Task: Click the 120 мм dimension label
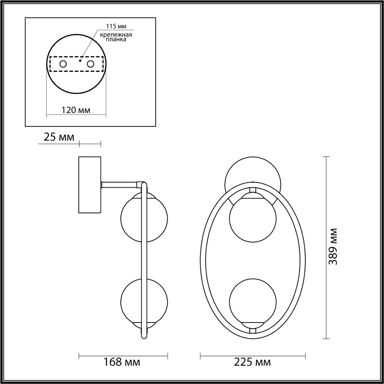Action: coord(76,110)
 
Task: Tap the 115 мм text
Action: coord(114,26)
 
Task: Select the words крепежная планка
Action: coord(116,37)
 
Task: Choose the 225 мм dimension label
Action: coord(252,361)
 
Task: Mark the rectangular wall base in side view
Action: coord(89,185)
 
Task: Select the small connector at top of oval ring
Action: coord(252,190)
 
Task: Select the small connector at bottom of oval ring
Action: coord(252,330)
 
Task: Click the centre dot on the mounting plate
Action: coord(80,61)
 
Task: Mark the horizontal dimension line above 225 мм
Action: coord(252,353)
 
